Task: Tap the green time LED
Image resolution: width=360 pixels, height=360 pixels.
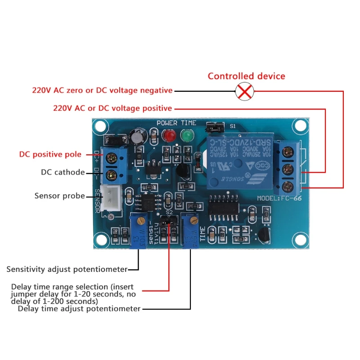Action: (185, 135)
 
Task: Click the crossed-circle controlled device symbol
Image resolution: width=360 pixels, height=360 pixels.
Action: (244, 92)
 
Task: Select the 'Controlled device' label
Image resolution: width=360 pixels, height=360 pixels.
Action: (246, 76)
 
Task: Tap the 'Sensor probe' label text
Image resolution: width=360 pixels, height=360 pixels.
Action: (60, 196)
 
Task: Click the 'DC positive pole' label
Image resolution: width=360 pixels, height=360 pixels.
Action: (50, 154)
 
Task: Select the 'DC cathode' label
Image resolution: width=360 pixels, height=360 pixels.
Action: (63, 172)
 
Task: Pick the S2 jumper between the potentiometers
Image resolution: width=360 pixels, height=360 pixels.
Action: (168, 221)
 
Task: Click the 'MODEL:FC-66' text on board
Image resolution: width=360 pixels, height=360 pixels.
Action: (279, 198)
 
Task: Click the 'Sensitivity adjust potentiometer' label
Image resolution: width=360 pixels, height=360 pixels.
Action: (67, 269)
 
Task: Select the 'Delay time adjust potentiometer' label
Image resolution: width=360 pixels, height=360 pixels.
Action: (79, 309)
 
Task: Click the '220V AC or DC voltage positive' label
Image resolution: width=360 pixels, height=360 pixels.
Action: (112, 108)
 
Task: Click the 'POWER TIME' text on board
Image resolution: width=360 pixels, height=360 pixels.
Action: (176, 123)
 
